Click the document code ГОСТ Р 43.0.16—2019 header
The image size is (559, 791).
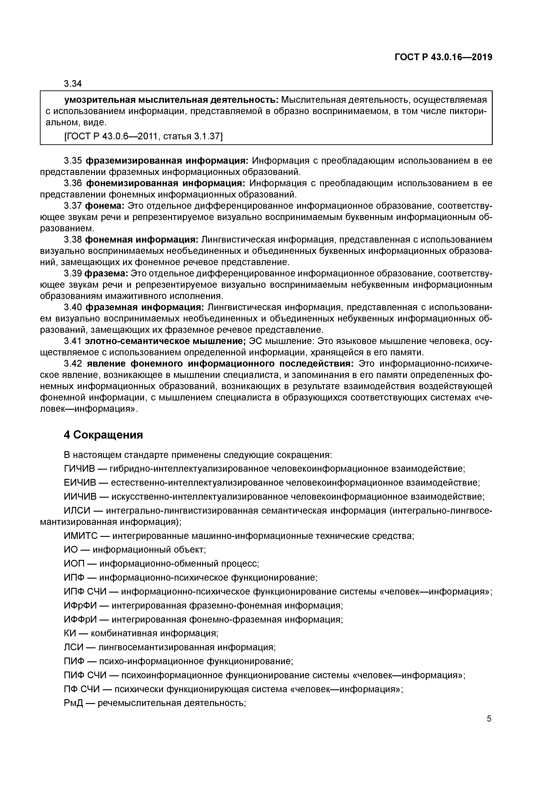(443, 57)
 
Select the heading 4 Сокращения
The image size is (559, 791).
(103, 435)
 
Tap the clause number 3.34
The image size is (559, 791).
(73, 83)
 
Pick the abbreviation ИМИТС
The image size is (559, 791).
(81, 536)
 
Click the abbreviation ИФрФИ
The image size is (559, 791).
(81, 605)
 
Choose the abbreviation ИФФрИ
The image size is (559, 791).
(81, 619)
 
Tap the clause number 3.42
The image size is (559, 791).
(73, 363)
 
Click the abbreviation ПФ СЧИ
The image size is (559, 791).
(82, 689)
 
